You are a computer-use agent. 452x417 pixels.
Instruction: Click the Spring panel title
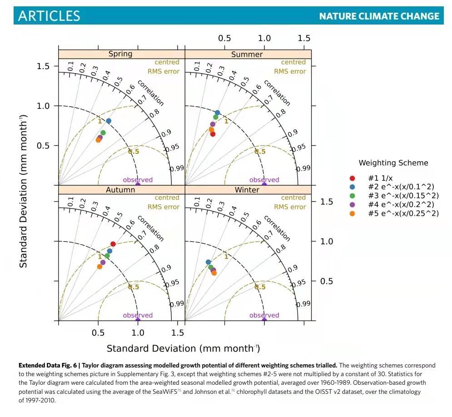tap(120, 54)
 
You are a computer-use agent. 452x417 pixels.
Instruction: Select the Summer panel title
tap(247, 54)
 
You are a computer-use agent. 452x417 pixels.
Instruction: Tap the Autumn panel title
tap(120, 190)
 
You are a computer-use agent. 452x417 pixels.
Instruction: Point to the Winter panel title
tap(247, 190)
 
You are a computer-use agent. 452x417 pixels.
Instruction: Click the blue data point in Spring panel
tap(109, 121)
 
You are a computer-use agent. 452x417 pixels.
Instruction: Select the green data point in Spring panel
tap(103, 133)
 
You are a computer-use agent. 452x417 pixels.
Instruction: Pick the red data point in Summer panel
tap(213, 134)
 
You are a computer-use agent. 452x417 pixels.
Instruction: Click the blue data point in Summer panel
tap(218, 113)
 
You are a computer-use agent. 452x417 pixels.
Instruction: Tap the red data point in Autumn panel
tap(113, 244)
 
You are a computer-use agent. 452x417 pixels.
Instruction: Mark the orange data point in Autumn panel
tap(99, 267)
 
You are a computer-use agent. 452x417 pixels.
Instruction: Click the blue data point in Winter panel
tap(208, 262)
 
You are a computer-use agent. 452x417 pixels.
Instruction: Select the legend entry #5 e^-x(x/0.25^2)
tap(403, 213)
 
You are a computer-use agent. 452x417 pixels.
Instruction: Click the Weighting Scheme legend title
tap(393, 163)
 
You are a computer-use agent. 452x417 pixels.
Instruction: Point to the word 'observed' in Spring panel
tap(138, 180)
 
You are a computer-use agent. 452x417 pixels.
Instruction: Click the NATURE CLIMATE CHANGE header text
tap(379, 16)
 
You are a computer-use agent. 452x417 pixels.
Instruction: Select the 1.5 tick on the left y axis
tap(43, 66)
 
